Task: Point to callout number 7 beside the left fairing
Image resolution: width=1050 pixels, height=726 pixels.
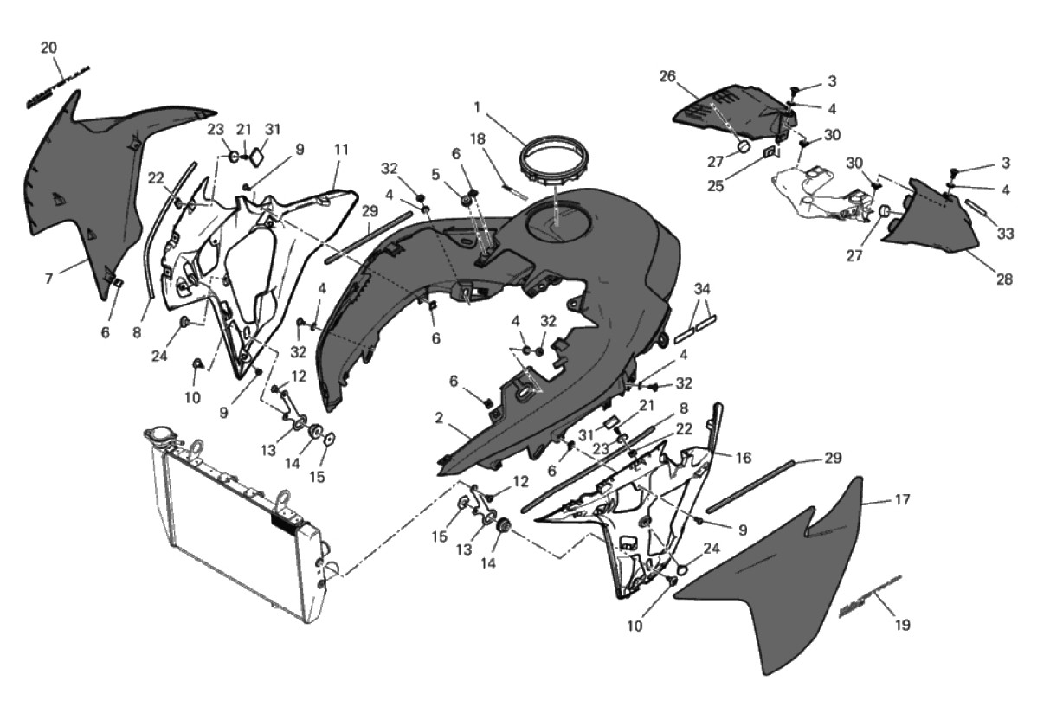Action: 49,279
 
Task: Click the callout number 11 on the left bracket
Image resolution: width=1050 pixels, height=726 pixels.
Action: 340,149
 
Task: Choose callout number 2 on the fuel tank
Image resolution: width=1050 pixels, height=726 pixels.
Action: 440,419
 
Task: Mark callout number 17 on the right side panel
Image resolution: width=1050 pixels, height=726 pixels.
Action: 902,499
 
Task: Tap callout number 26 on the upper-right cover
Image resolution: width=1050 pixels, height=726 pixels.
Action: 690,76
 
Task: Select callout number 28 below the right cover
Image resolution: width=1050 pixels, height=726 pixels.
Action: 1004,279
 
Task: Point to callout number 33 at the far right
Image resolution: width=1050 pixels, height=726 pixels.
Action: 1004,233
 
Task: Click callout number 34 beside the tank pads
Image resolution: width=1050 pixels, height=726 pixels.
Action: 702,288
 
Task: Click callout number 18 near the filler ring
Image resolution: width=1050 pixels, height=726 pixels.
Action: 478,138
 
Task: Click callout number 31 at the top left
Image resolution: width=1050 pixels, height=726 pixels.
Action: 274,129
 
